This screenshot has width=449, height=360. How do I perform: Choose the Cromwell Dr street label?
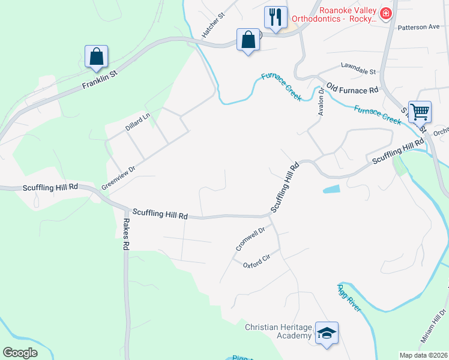(x=250, y=238)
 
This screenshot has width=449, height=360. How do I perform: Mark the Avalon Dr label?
(x=321, y=102)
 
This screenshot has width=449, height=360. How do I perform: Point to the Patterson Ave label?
(x=418, y=27)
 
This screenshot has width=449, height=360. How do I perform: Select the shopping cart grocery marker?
(x=420, y=111)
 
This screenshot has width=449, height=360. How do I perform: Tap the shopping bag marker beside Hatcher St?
(x=248, y=40)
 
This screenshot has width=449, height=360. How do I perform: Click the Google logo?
(x=20, y=352)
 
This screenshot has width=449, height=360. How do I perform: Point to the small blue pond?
(x=331, y=190)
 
